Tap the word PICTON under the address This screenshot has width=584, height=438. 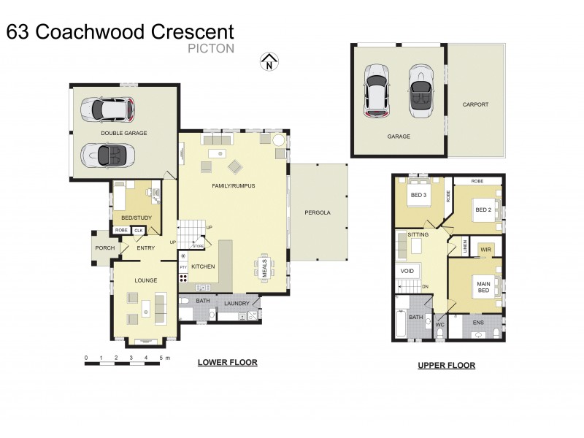coord(210,49)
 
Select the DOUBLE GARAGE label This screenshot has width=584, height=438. coord(124,133)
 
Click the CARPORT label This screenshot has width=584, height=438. coord(475,104)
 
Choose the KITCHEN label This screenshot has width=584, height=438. coord(203,266)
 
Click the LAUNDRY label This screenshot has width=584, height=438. coord(237,303)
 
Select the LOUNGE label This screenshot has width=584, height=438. coord(145,280)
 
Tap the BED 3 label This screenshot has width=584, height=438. coord(418,196)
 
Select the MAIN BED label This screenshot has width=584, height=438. coord(483,288)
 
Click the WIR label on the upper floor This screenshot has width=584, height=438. coord(485,249)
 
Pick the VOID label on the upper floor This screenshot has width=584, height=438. coord(407,271)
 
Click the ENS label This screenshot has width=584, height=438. coord(478,321)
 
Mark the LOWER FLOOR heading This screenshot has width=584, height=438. coord(228,362)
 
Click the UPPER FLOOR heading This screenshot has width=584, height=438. coord(446,365)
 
